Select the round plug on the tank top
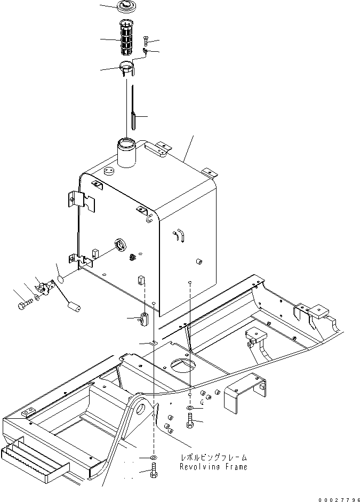point(109,172)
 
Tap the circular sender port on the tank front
point(121,245)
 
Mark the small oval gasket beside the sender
point(61,278)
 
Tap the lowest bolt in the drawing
point(154,472)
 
